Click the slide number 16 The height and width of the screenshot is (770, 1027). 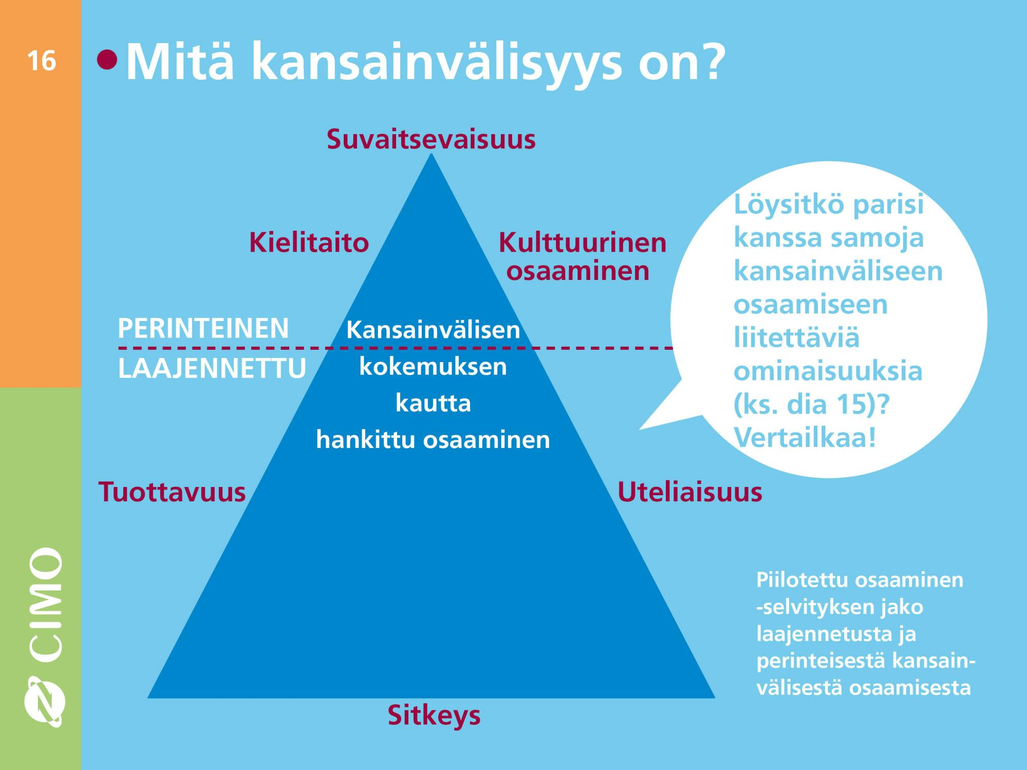click(41, 61)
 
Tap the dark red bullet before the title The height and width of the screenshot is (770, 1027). click(107, 60)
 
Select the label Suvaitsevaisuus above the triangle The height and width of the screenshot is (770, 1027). click(431, 139)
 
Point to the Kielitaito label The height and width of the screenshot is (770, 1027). click(309, 242)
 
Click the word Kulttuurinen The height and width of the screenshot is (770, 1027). click(583, 242)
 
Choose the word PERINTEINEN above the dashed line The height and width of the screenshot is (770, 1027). click(203, 328)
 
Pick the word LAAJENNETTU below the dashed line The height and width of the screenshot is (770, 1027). click(212, 368)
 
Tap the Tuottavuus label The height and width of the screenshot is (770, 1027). click(172, 492)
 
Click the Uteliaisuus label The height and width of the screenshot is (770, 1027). click(689, 492)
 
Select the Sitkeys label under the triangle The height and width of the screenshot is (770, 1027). click(434, 716)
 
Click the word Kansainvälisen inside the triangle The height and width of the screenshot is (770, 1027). click(433, 330)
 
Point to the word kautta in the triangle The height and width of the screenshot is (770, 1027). click(433, 403)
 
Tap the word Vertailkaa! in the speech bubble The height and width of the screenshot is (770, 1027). click(805, 438)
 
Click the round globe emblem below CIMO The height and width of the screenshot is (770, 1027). click(45, 701)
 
